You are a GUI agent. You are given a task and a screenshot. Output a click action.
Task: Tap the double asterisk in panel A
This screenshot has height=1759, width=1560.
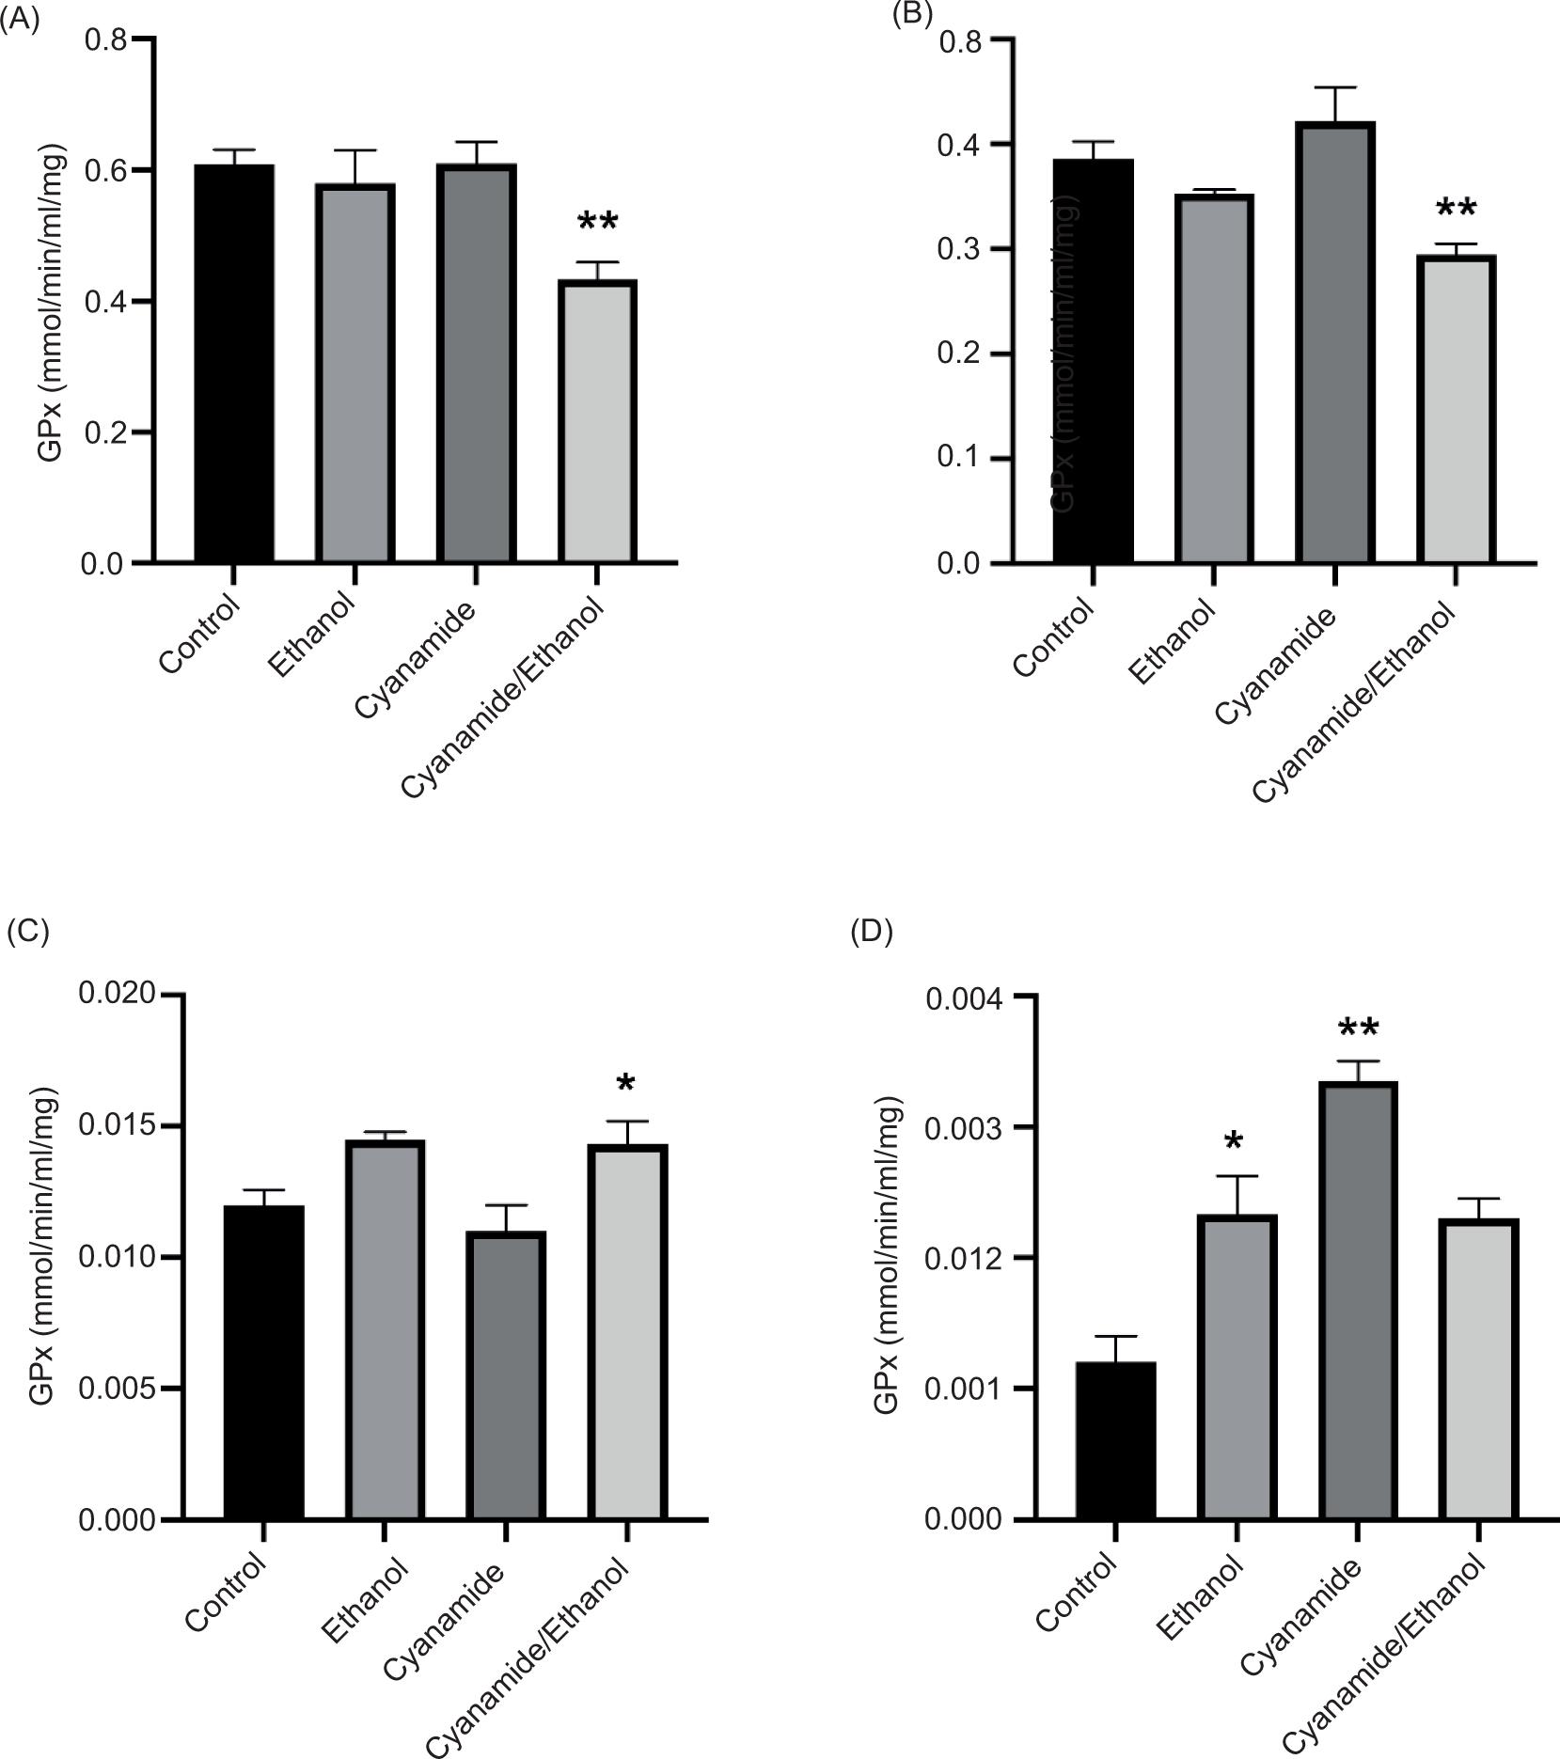click(598, 224)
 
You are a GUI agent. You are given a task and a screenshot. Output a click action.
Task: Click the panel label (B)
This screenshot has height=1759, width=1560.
click(911, 16)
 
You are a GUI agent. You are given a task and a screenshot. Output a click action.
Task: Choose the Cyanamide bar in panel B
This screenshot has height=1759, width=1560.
click(1334, 342)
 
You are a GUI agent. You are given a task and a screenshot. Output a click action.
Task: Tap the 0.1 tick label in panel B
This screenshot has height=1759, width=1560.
click(959, 459)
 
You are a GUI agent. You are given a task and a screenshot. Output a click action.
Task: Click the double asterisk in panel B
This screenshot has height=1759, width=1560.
click(1456, 209)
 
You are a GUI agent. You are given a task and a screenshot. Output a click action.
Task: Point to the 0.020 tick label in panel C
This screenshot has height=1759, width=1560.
click(118, 995)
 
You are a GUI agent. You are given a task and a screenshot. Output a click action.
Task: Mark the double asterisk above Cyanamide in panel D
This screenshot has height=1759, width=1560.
click(1358, 1029)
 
